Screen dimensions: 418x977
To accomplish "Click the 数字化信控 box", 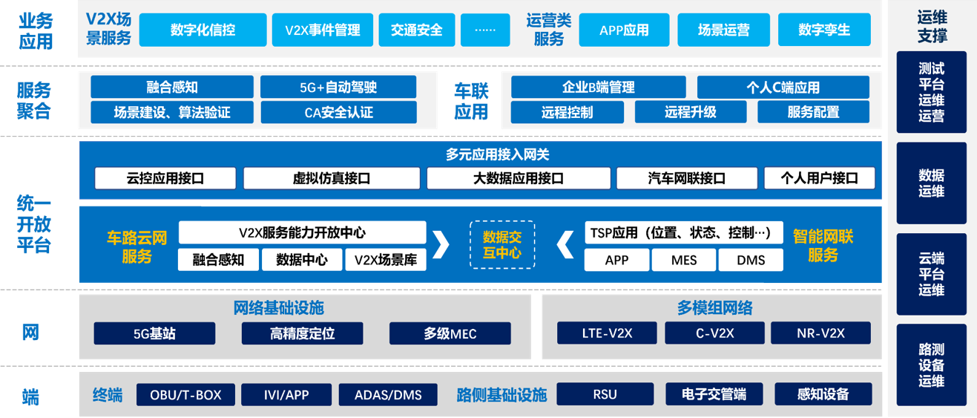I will coord(203,30).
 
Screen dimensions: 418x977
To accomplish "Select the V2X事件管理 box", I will coord(322,30).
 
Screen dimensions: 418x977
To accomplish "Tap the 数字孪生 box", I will coord(824,30).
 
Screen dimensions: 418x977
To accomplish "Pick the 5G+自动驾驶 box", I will coord(338,88).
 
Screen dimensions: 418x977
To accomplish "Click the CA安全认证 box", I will coord(338,113).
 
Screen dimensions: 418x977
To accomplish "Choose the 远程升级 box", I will coord(690,112).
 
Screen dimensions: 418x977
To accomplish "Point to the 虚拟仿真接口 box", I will coord(331,178).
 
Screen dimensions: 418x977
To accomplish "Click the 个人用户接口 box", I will coord(820,178).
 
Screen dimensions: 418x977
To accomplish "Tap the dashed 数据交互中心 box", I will coord(502,245).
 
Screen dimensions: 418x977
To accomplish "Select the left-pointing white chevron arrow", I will coord(565,244).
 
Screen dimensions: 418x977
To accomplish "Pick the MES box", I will coord(684,260).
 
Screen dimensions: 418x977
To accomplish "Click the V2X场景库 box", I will coord(386,260).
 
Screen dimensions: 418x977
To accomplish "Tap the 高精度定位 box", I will coord(302,333).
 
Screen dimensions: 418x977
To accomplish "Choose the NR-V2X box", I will coord(820,333).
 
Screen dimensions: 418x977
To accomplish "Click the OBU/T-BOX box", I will coord(185,394).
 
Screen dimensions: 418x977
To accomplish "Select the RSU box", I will coord(605,394).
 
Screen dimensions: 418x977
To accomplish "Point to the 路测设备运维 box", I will coord(931,365).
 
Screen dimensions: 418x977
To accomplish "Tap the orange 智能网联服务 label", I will coord(823,246).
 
